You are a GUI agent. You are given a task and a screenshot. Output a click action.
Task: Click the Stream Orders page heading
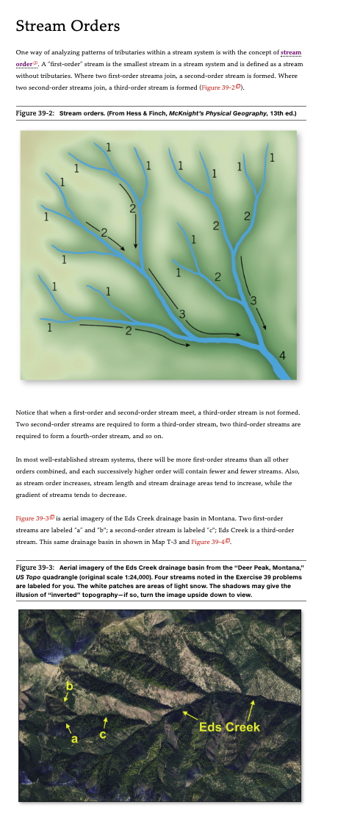(67, 26)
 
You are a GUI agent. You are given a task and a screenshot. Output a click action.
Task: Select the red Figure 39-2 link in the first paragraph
(220, 88)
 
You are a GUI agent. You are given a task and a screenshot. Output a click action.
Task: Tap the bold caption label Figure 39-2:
(35, 114)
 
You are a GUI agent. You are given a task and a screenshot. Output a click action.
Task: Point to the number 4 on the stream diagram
(283, 356)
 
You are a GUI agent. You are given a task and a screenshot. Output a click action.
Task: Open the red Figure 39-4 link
(210, 543)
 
